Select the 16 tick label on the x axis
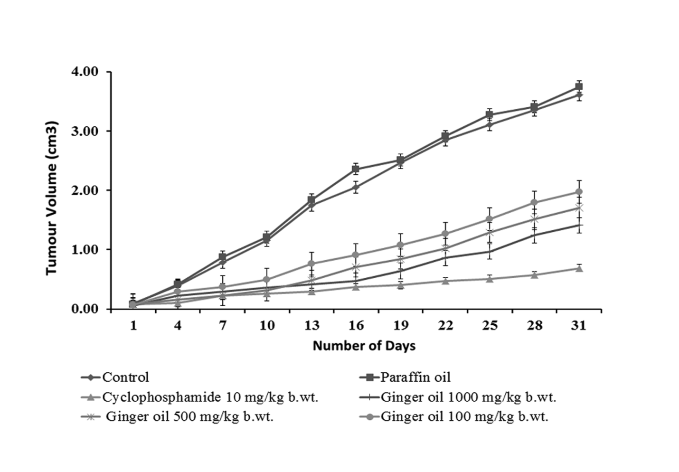pyautogui.click(x=356, y=325)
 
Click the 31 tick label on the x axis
pyautogui.click(x=579, y=325)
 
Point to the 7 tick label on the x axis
pyautogui.click(x=222, y=325)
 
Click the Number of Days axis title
pyautogui.click(x=364, y=346)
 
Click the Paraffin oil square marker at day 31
pyautogui.click(x=579, y=86)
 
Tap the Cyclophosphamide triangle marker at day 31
pyautogui.click(x=579, y=268)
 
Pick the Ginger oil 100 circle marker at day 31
pyautogui.click(x=579, y=192)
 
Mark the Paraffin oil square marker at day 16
pyautogui.click(x=356, y=169)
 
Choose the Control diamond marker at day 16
pyautogui.click(x=356, y=187)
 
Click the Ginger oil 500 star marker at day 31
pyautogui.click(x=579, y=208)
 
